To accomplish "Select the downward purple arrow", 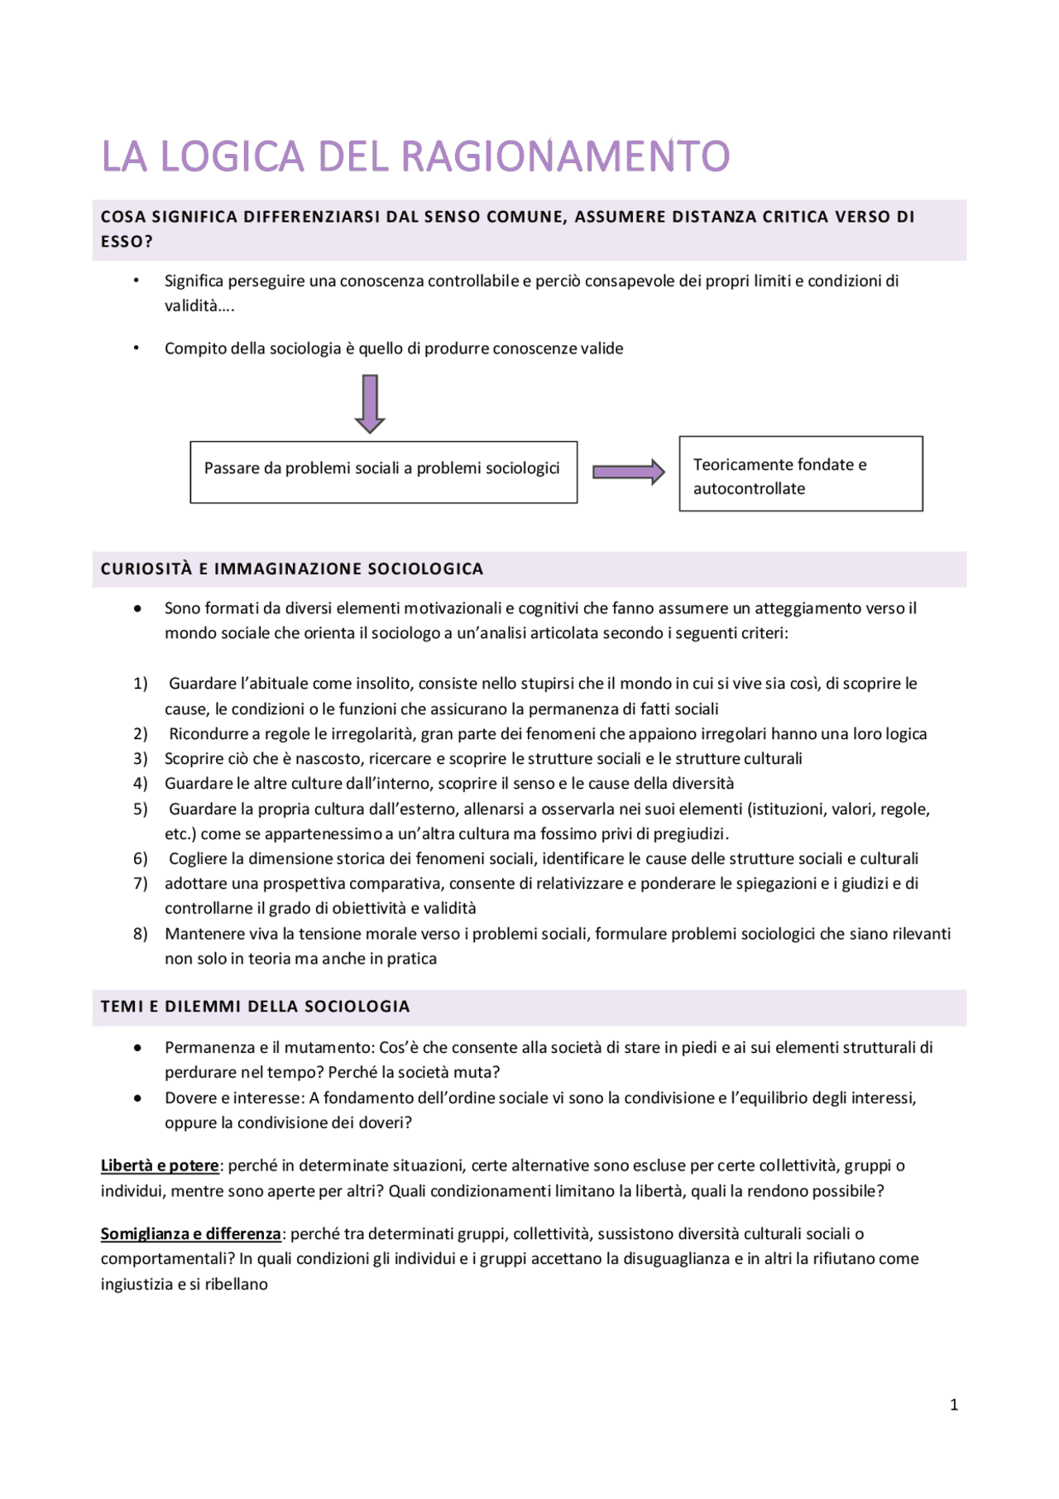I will [x=370, y=404].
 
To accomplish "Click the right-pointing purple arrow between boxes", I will [x=628, y=472].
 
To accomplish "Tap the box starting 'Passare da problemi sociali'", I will [x=383, y=472].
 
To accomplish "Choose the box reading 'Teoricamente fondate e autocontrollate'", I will [x=800, y=474].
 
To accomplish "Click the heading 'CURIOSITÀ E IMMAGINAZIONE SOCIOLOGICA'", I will [x=292, y=569].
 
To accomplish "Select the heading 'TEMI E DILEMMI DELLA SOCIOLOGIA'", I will [x=256, y=1007].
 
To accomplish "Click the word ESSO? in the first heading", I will [x=127, y=242].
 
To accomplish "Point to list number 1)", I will [x=141, y=684].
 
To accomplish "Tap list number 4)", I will [x=141, y=784].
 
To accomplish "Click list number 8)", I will [x=141, y=934].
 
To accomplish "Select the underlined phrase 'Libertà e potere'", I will [x=160, y=1165].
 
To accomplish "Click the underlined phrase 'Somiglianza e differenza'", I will [x=191, y=1233].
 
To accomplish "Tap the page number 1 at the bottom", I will [x=954, y=1405].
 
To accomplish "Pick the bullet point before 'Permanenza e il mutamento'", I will [x=137, y=1048].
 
